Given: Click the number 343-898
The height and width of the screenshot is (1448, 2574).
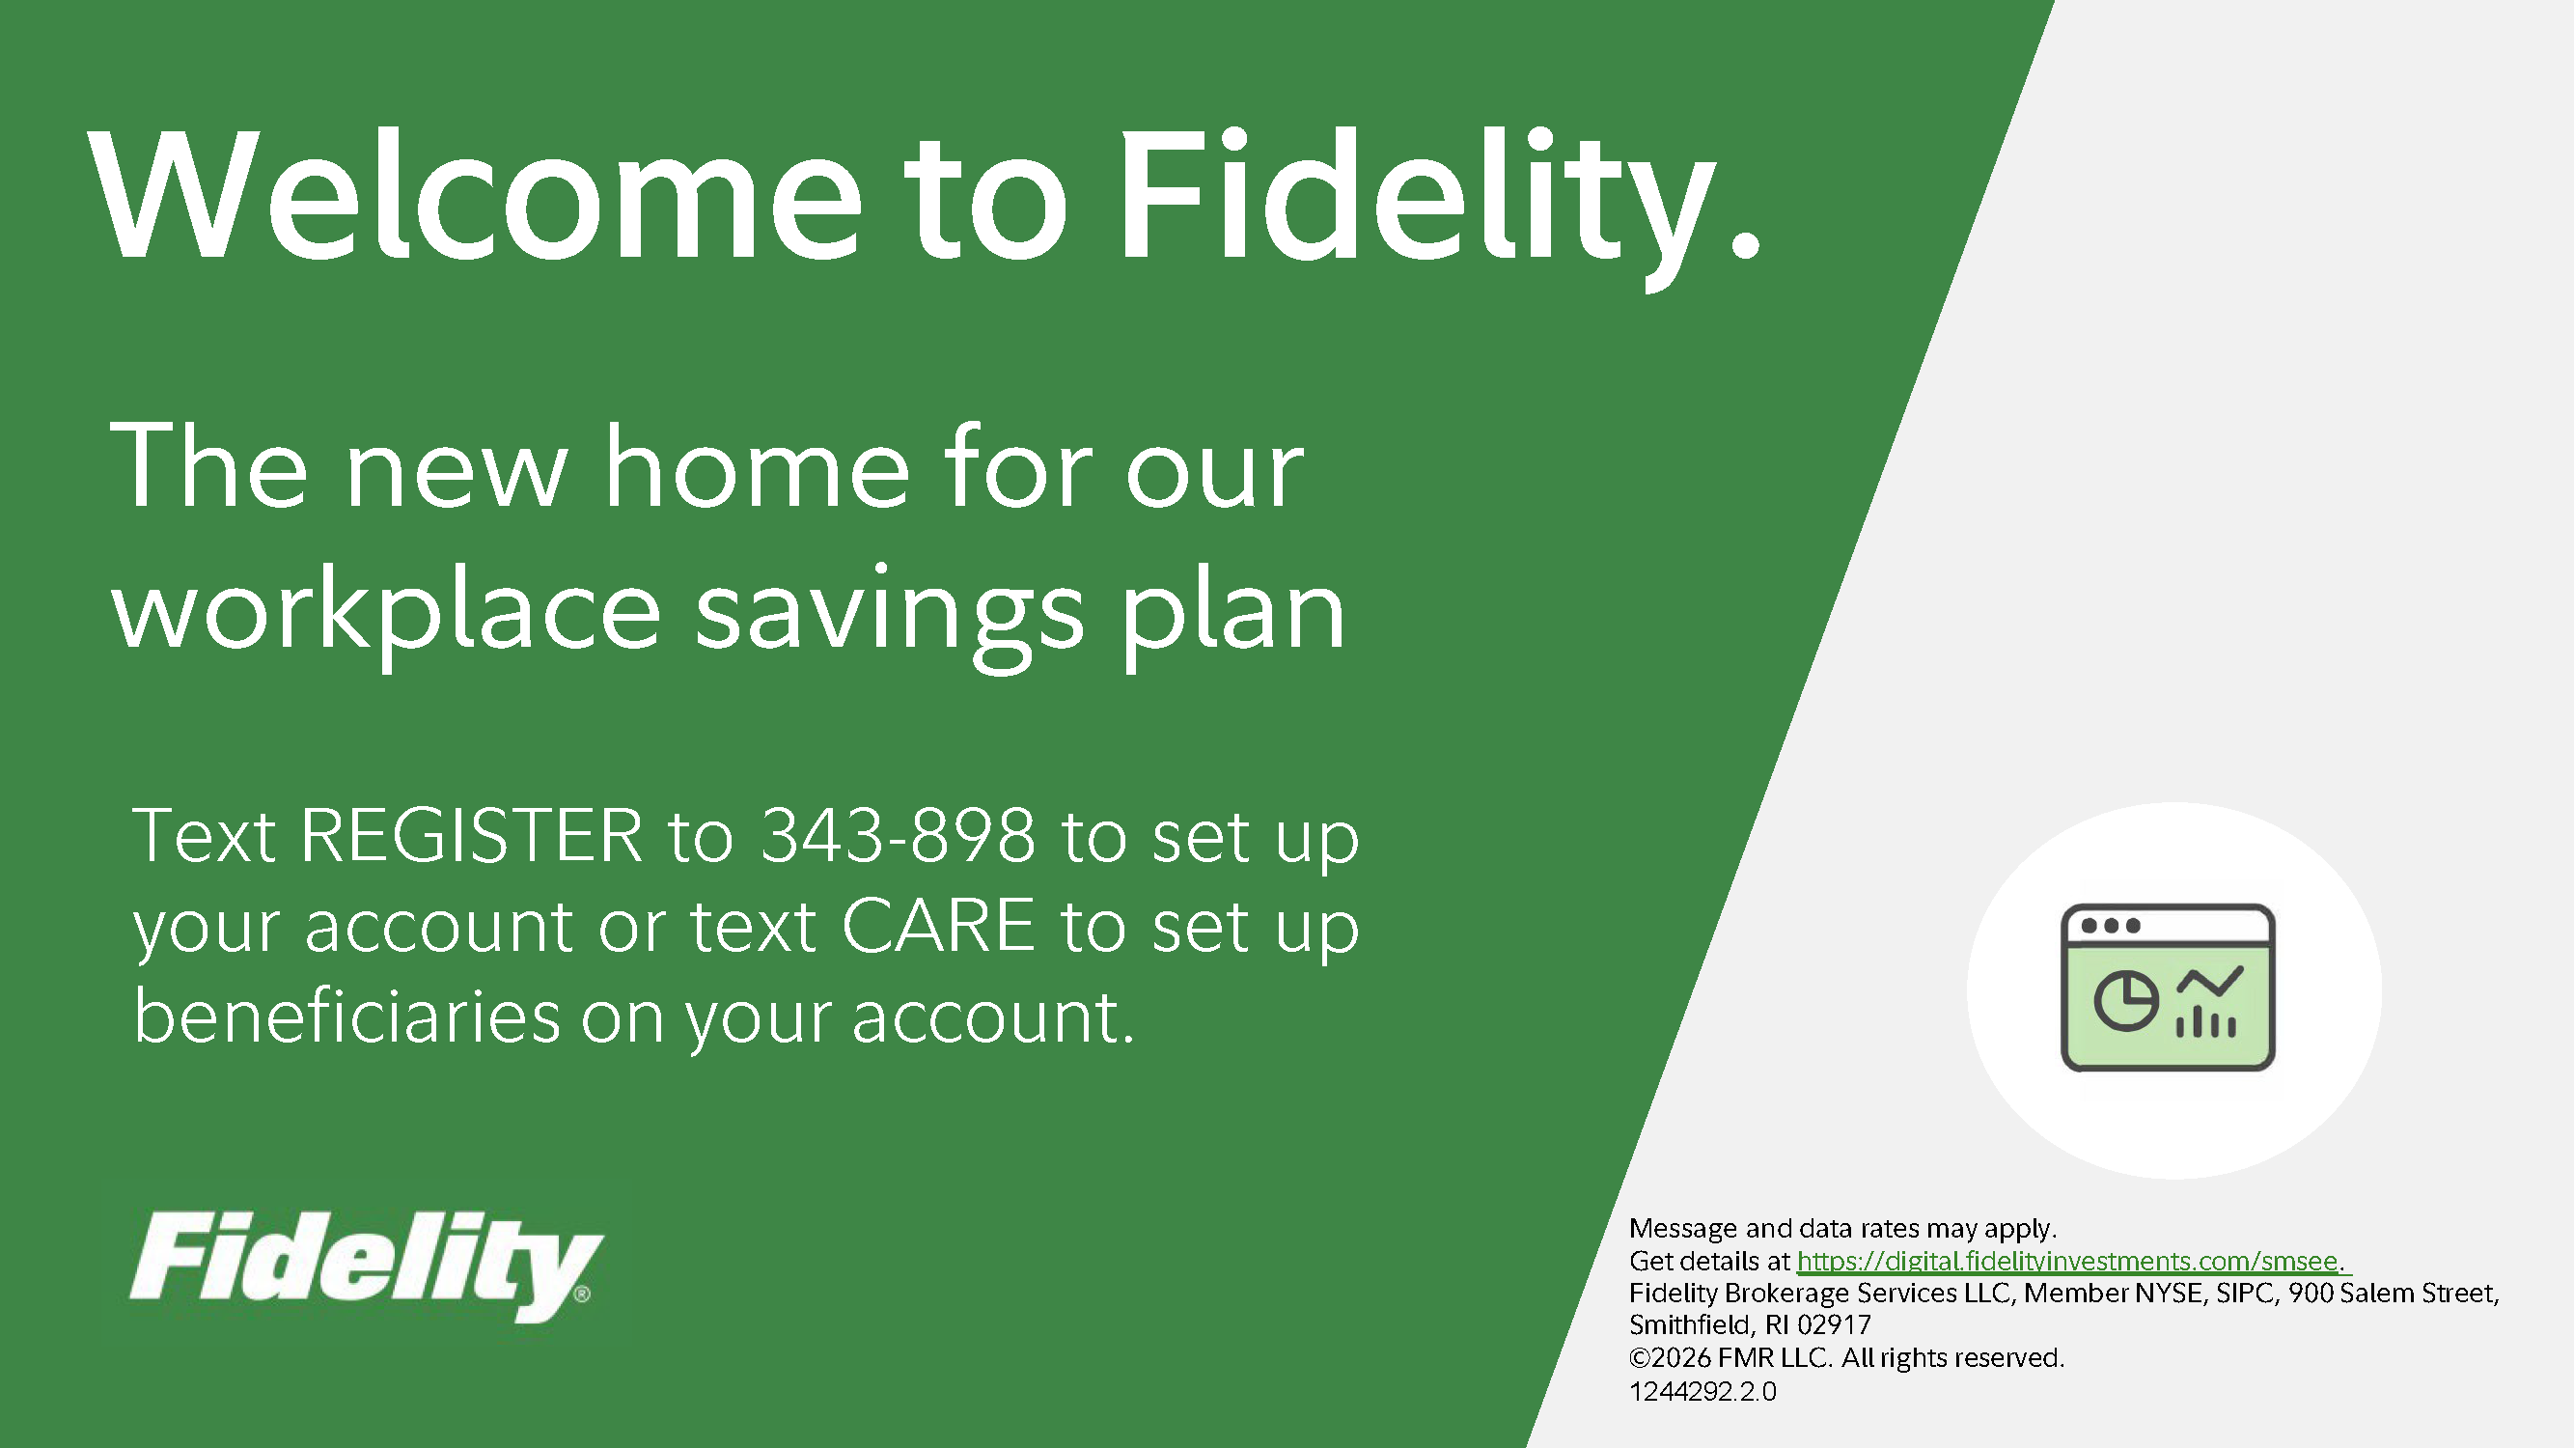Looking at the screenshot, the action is pos(898,835).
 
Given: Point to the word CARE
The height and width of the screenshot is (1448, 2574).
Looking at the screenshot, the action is pos(937,927).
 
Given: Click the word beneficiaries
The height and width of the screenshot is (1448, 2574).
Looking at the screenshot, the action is pos(346,1016).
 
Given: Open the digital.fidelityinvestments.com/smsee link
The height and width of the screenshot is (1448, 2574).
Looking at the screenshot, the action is pos(2067,1261).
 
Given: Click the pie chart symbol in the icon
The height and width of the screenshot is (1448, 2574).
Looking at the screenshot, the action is pos(2126,1000).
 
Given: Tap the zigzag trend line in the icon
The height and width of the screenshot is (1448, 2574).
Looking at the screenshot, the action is pos(2210,984).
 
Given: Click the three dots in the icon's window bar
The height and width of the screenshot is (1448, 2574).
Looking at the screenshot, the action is pos(2111,926).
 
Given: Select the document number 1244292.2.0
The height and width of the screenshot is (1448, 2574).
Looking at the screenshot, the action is pos(1702,1391).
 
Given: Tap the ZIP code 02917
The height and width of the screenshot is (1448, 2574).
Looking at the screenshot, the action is pos(1835,1325).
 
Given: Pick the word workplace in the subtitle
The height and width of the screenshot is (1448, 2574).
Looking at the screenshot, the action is pos(386,612).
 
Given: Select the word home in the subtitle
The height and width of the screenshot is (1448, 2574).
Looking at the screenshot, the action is pos(758,465).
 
